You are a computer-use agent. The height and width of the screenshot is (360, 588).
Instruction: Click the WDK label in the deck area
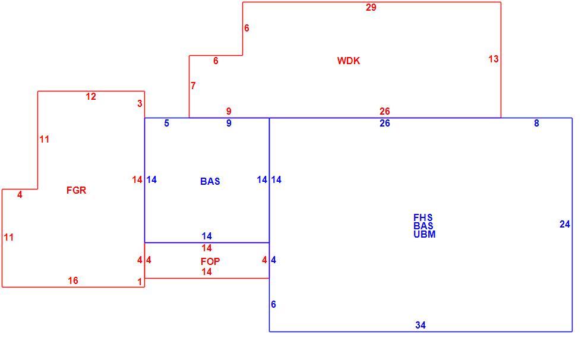coord(349,61)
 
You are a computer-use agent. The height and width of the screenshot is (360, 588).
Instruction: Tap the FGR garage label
coord(76,190)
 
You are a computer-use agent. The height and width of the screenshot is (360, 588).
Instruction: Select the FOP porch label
coord(210,261)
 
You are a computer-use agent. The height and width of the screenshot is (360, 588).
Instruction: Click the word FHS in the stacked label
coord(423,217)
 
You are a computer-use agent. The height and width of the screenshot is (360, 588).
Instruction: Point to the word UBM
coord(425,234)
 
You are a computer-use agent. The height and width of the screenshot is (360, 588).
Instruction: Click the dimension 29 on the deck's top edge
coord(371,8)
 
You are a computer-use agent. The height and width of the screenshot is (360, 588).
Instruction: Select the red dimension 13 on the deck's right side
coord(494,59)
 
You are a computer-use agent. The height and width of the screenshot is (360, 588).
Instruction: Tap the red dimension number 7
coord(193,86)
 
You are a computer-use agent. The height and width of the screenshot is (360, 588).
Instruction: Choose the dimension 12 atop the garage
coord(91,96)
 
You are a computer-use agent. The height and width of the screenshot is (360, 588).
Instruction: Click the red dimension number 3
coord(140,103)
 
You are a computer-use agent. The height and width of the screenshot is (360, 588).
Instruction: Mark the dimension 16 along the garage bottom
coord(72,280)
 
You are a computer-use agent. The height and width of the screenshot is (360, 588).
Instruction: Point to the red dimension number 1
coord(140,282)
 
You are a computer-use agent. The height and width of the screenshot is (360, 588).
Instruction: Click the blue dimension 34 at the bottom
coord(421,325)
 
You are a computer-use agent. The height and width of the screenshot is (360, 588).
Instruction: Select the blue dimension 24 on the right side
coord(565,224)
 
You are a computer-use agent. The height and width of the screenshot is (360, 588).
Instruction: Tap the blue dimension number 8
coord(537,123)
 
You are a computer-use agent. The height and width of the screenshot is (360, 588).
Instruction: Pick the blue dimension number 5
coord(166,123)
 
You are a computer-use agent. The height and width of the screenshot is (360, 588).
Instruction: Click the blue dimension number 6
coord(273,304)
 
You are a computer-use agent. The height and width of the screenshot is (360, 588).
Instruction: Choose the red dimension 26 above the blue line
coord(385,111)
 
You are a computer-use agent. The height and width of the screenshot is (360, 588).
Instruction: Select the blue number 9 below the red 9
coord(229,123)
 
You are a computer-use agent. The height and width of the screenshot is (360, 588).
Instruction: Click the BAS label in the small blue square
coord(210,181)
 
